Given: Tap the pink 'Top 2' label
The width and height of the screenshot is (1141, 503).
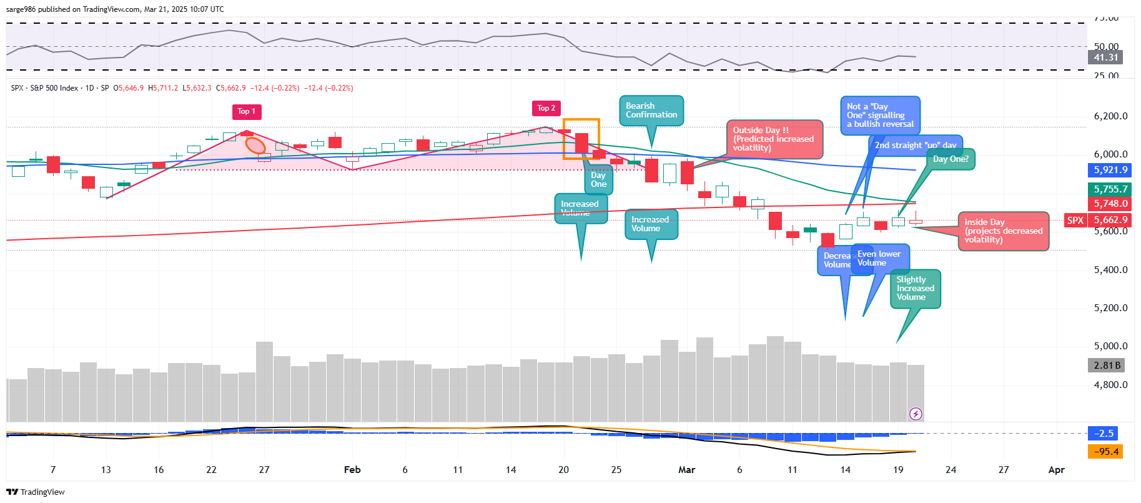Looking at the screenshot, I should [x=546, y=109].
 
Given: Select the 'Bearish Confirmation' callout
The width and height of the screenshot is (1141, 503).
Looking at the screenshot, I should [x=651, y=111].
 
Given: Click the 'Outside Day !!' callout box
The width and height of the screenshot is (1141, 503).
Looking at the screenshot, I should [x=774, y=139].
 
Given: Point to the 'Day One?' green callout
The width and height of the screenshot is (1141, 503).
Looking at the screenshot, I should [x=951, y=159].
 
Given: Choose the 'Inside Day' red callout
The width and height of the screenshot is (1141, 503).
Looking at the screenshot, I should [x=1003, y=231].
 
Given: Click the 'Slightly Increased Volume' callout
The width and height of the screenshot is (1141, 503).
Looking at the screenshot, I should [x=915, y=289].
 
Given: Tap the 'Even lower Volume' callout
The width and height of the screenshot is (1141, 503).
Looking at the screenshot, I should [x=879, y=259].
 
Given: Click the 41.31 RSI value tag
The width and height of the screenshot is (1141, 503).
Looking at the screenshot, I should [x=1105, y=57].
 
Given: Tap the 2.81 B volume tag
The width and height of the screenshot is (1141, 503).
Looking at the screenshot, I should [x=1107, y=366].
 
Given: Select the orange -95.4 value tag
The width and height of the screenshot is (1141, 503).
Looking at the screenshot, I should [x=1105, y=452].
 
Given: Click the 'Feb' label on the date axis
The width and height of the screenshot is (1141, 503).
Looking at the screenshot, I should [x=352, y=470].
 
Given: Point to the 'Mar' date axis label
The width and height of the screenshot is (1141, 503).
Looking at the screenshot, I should [x=686, y=470].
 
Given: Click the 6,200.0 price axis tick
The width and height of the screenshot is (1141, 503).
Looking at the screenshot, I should [x=1110, y=116].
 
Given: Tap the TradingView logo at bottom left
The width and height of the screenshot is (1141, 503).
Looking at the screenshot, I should [x=36, y=492].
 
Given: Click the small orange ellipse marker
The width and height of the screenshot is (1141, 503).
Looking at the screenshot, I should [x=255, y=146].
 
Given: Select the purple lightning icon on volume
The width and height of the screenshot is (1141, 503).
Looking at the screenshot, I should [x=916, y=414].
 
